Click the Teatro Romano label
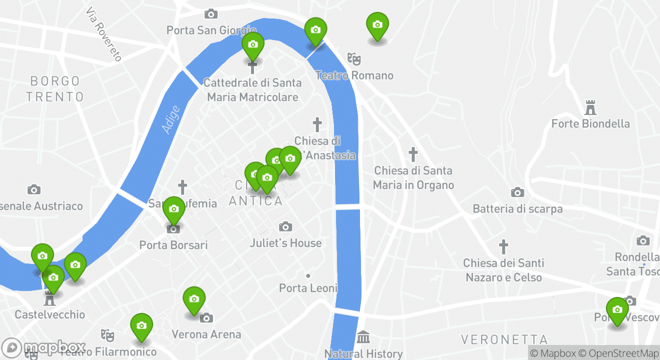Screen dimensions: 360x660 pyautogui.click(x=354, y=75)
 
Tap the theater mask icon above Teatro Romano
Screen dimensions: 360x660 pyautogui.click(x=354, y=58)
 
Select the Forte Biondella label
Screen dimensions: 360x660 pyautogui.click(x=590, y=123)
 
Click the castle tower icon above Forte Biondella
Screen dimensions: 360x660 pyautogui.click(x=590, y=107)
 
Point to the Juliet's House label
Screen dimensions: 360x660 pyautogui.click(x=285, y=243)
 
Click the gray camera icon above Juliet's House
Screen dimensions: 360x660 pyautogui.click(x=285, y=227)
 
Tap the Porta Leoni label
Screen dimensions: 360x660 pyautogui.click(x=308, y=288)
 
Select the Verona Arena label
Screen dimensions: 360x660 pyautogui.click(x=206, y=334)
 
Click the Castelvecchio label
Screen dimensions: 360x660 pyautogui.click(x=49, y=314)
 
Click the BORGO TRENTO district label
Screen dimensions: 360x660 pyautogui.click(x=55, y=88)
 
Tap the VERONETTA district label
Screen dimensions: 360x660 pyautogui.click(x=504, y=340)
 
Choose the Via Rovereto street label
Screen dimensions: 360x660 pyautogui.click(x=103, y=34)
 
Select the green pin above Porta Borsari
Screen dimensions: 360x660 pyautogui.click(x=173, y=209)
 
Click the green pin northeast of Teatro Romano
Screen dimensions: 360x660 pyautogui.click(x=377, y=25)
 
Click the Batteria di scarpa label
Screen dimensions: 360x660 pyautogui.click(x=517, y=208)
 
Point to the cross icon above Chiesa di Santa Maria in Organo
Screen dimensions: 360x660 pyautogui.click(x=413, y=154)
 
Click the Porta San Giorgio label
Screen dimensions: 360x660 pyautogui.click(x=211, y=30)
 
